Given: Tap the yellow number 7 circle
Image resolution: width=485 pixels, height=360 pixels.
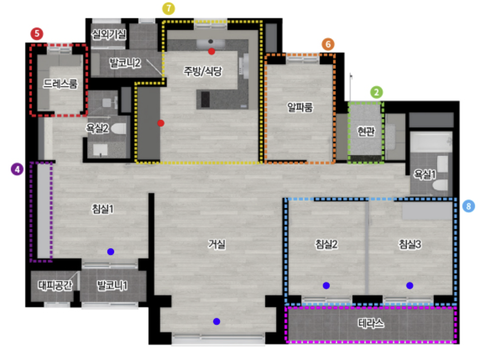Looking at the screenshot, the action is click(168, 9).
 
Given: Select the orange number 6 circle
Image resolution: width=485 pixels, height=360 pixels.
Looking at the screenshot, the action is click(328, 44).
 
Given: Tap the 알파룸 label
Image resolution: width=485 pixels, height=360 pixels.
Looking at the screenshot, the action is click(300, 107).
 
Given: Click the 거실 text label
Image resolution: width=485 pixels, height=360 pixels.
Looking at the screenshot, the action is click(216, 244).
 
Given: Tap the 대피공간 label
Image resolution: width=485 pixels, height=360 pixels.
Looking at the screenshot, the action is click(55, 286).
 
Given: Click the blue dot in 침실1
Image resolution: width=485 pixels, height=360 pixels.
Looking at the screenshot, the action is click(111, 251).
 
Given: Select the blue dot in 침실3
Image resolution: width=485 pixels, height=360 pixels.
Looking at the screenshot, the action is click(409, 286).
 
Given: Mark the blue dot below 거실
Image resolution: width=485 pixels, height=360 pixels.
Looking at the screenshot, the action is click(216, 321).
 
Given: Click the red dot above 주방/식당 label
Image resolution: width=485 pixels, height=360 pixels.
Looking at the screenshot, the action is click(211, 52).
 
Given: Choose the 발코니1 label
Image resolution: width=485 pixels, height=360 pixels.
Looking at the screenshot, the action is click(112, 286).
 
